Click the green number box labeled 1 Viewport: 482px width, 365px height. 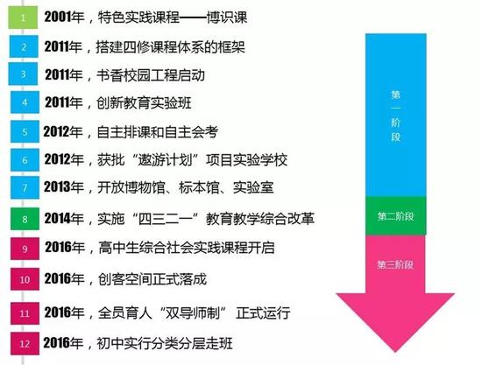pos(23,18)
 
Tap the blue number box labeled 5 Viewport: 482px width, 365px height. pos(25,131)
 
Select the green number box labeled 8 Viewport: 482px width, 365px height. pos(25,219)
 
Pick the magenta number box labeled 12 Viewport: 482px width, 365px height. pos(25,343)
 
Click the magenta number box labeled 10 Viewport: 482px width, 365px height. pos(25,279)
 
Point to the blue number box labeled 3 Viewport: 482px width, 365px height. pos(23,74)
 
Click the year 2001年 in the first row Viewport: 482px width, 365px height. pos(64,17)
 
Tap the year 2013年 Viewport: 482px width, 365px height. pos(64,187)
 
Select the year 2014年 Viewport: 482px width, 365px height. pos(64,219)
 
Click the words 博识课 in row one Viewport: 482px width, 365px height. pos(227,18)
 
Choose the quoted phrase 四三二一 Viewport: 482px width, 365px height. pos(166,219)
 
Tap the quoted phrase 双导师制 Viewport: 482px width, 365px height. pos(193,312)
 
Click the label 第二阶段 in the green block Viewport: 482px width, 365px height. pos(395,216)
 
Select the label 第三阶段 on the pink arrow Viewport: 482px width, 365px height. pos(395,264)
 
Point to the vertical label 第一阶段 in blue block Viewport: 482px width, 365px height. pos(395,116)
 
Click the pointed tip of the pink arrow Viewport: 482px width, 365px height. pos(395,352)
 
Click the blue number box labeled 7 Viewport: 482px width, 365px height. pos(25,187)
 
